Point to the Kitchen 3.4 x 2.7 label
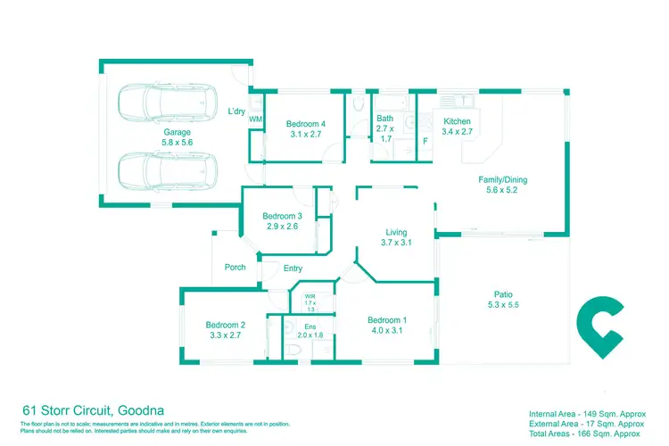457,126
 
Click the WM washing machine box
255,119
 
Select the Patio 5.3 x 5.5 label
503,299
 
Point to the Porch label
235,267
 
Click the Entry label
293,268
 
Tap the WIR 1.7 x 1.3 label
310,301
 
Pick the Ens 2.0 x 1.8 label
310,332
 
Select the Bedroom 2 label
225,330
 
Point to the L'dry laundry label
236,111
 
